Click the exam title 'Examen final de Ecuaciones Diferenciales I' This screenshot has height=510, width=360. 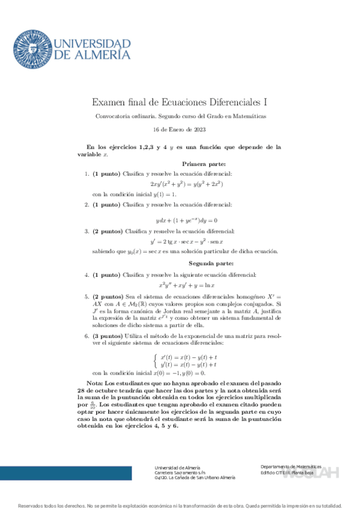click(180, 103)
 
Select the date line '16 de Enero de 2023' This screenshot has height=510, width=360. click(180, 129)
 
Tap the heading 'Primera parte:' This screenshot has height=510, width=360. click(203, 164)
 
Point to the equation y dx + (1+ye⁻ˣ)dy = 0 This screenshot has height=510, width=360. click(186, 220)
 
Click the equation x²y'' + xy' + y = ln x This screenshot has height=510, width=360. click(186, 285)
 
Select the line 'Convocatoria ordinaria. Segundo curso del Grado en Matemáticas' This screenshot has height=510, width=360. click(180, 116)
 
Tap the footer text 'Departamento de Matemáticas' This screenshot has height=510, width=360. click(291, 467)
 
